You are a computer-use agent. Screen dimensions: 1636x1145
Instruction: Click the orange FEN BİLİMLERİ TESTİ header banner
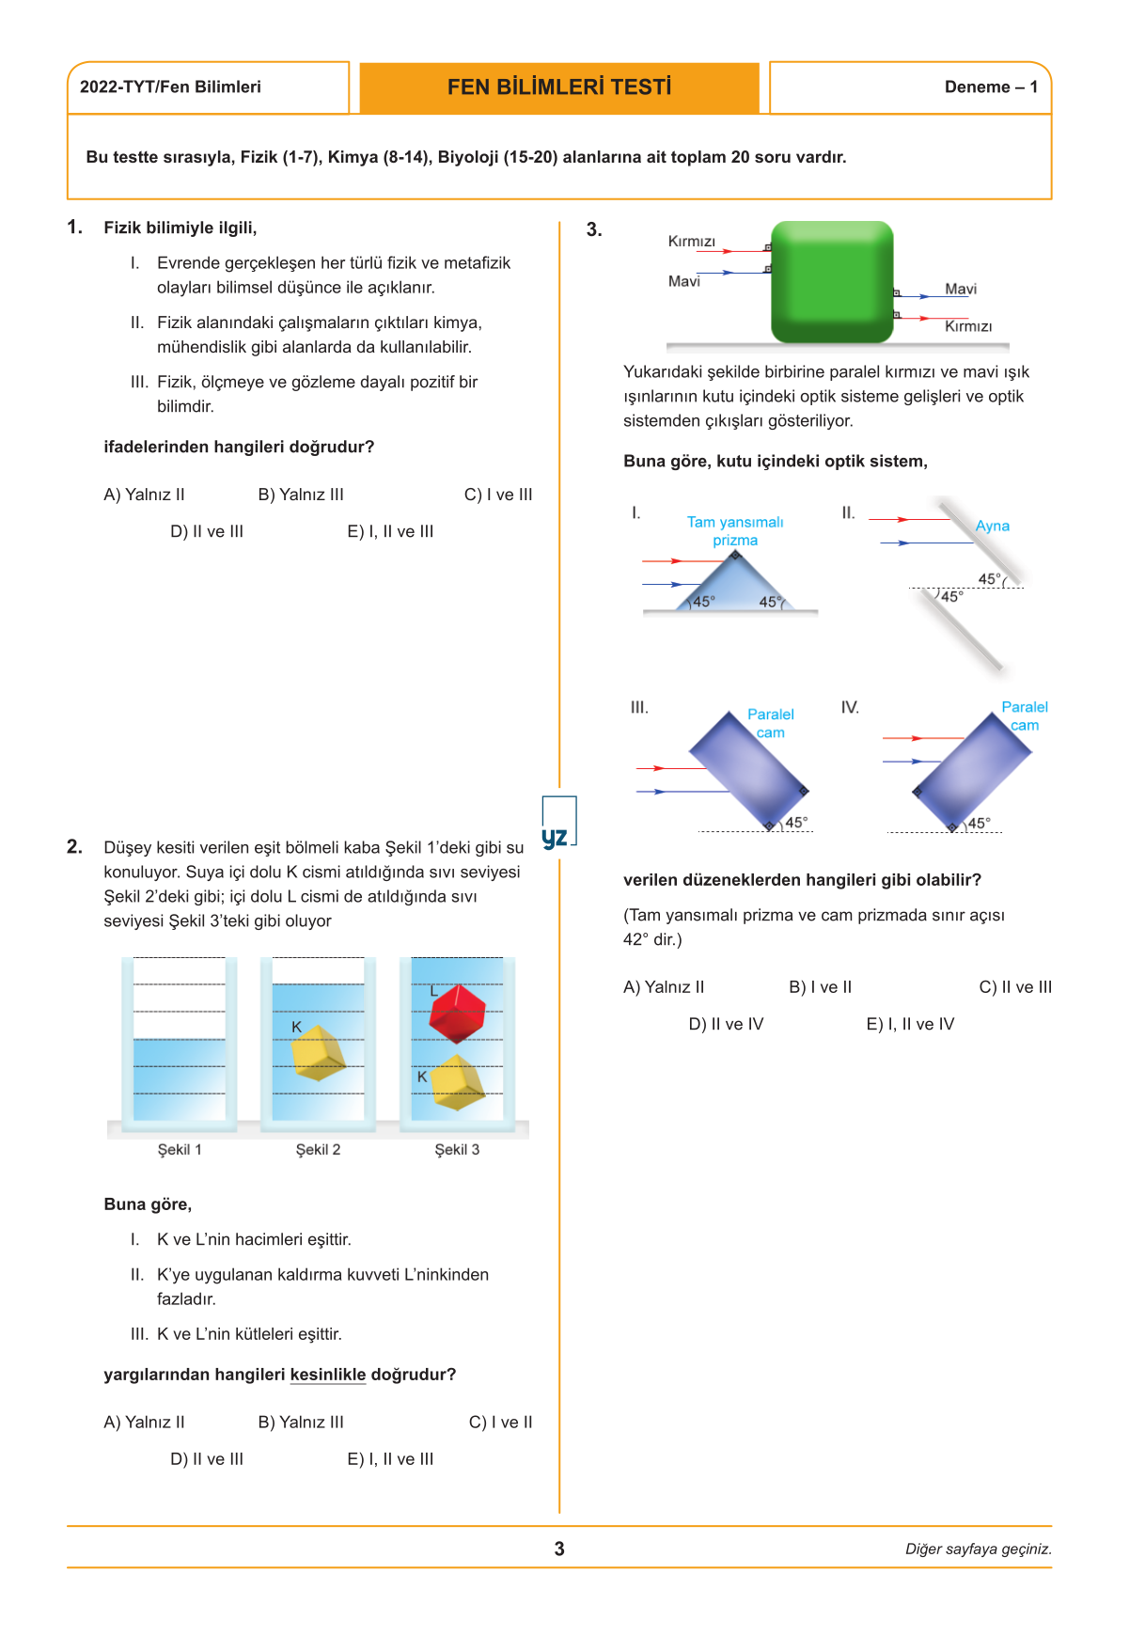coord(559,87)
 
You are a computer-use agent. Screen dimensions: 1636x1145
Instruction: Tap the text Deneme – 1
coord(991,87)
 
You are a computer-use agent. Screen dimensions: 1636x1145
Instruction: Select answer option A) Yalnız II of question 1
coord(144,495)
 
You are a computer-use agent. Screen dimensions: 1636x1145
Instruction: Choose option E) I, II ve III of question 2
coord(390,1459)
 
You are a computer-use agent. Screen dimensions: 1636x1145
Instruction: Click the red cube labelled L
coord(457,1014)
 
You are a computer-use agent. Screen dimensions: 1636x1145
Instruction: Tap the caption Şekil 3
coord(457,1150)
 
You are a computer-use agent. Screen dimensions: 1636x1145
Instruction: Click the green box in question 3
coord(832,281)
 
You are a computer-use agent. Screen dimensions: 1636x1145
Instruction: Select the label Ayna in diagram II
coord(992,527)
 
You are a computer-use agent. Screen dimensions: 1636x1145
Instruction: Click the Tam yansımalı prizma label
coord(735,531)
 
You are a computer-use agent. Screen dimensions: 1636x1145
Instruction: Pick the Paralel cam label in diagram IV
coord(1024,716)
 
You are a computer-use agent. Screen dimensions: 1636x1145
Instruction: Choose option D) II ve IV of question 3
coord(726,1024)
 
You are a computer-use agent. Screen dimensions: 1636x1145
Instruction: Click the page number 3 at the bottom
coord(559,1549)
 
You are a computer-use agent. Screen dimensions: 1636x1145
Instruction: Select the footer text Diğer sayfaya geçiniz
coord(978,1549)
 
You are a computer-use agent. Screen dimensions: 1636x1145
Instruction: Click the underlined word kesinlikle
coord(328,1375)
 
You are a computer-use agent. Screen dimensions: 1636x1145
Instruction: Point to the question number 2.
coord(74,847)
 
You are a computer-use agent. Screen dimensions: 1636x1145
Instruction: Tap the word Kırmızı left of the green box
coord(691,242)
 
